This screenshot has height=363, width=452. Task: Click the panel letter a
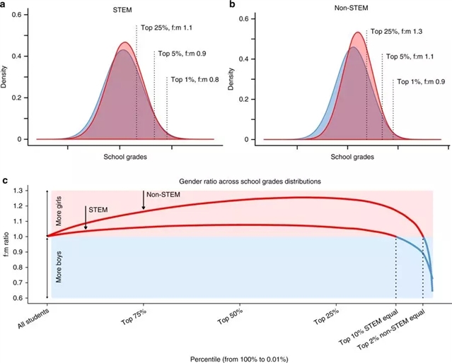coord(6,6)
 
